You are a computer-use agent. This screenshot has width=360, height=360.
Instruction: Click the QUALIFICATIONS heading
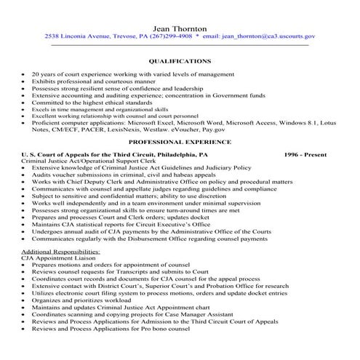180,62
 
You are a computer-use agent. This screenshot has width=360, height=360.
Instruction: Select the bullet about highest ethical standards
90,103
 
